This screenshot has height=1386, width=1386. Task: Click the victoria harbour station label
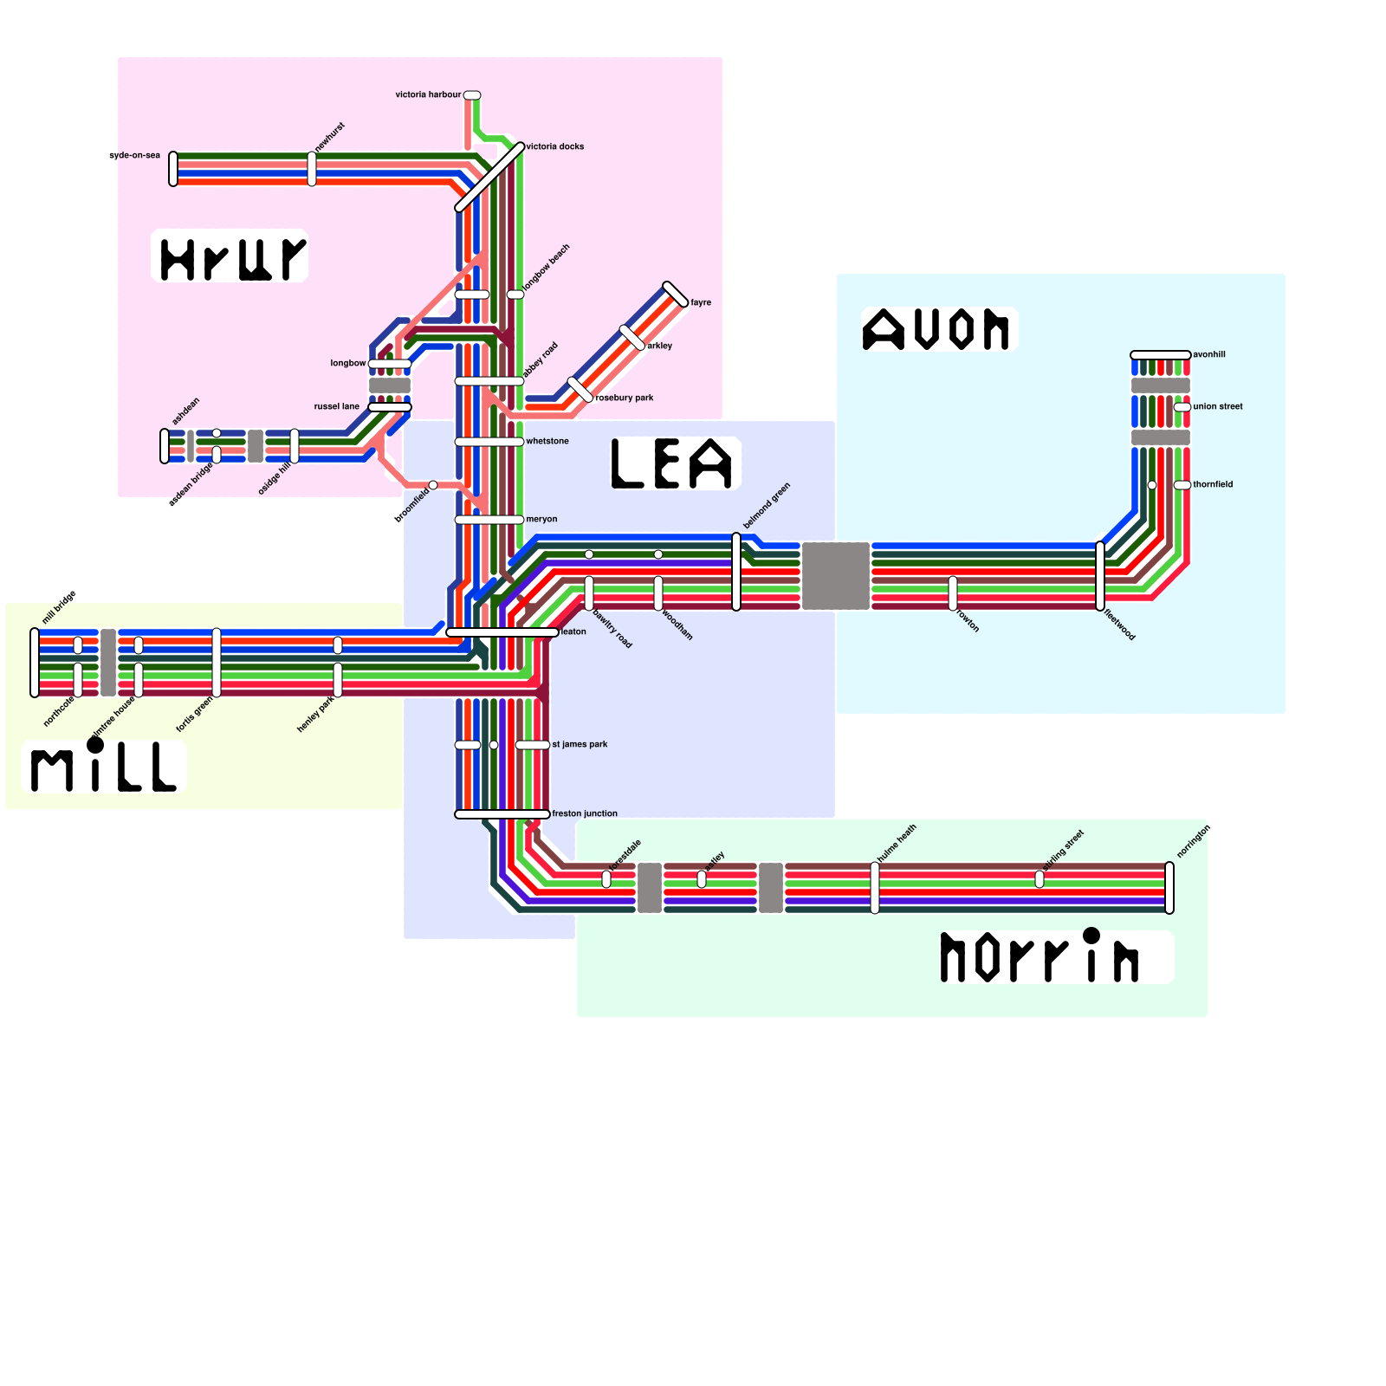428,94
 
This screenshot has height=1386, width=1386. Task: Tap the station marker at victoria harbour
472,95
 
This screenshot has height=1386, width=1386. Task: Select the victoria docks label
554,146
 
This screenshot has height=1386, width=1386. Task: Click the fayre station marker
676,295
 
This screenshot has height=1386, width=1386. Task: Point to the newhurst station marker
312,169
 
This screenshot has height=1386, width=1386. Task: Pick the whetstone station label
547,441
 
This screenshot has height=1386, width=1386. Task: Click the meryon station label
541,519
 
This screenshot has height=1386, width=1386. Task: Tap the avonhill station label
1209,354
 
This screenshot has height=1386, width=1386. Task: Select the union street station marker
1182,407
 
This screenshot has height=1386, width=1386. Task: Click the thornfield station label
1213,484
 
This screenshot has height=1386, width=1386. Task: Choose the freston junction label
585,813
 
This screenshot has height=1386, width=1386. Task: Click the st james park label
580,744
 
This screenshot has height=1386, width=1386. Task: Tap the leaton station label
573,631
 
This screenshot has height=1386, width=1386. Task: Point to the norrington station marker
1169,888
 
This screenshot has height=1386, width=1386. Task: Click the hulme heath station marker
875,888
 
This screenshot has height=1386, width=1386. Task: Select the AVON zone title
937,330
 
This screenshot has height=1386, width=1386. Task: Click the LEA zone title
674,463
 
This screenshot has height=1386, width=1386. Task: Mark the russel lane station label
336,406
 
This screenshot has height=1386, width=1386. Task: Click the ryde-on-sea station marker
173,169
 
